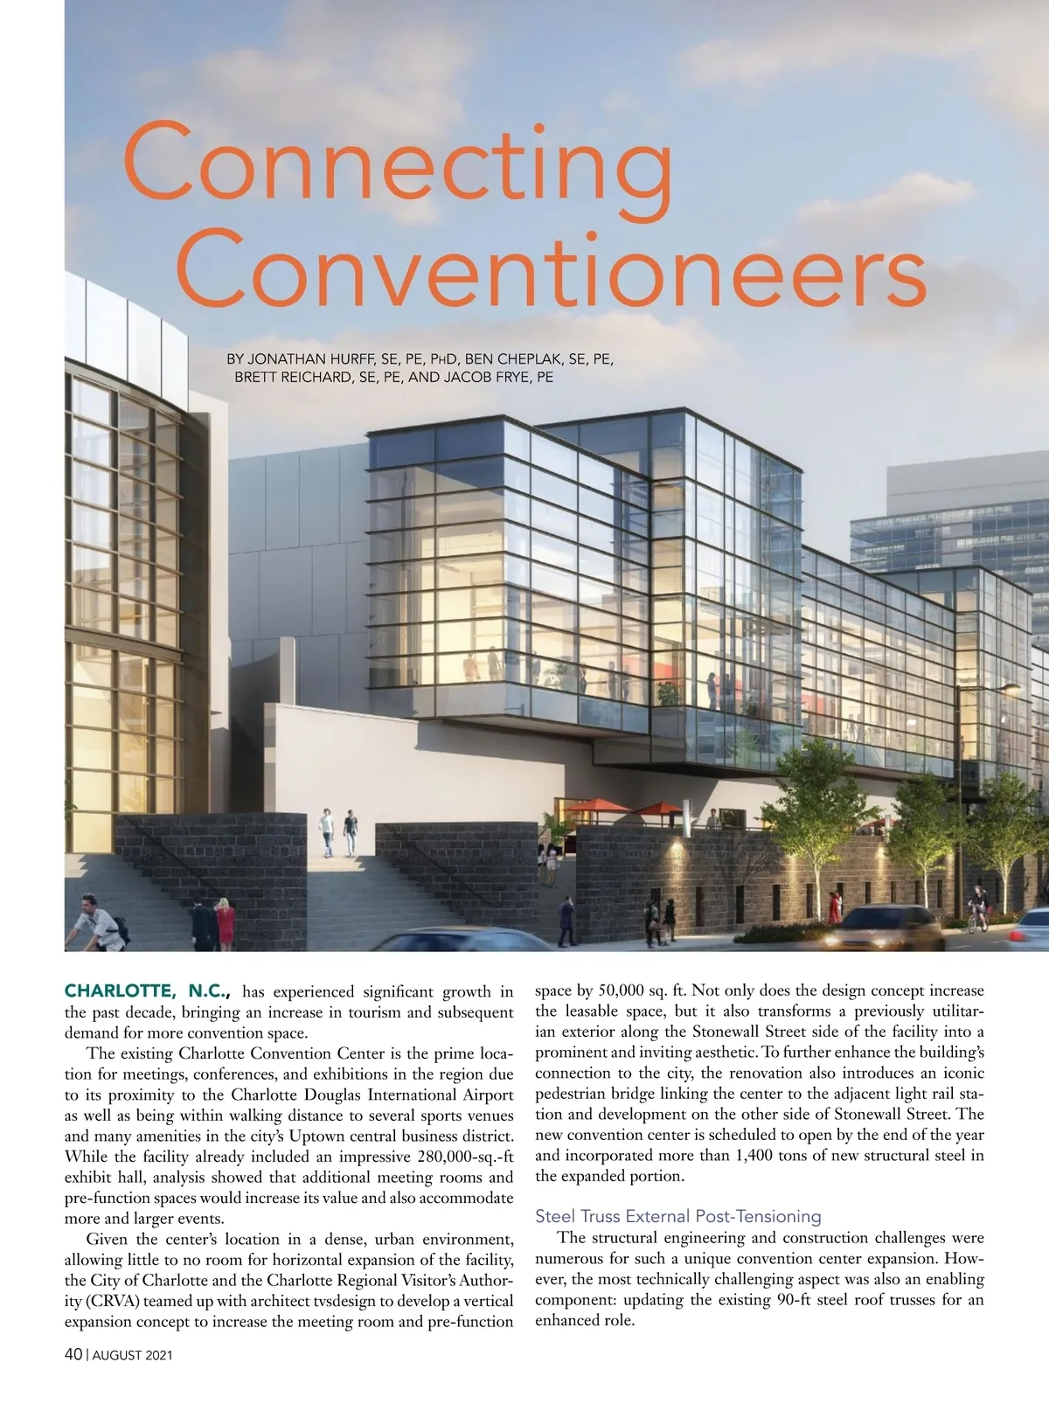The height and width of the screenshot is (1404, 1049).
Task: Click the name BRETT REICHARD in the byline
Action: [294, 378]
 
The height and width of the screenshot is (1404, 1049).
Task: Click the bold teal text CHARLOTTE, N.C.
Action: [147, 991]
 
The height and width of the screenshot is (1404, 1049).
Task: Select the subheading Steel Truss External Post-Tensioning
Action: [677, 1216]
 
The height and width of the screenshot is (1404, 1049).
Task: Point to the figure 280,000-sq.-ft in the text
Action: [455, 1157]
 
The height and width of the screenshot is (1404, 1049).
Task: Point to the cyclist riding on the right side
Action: [977, 909]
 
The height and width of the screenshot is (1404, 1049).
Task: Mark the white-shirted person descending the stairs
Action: [327, 831]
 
